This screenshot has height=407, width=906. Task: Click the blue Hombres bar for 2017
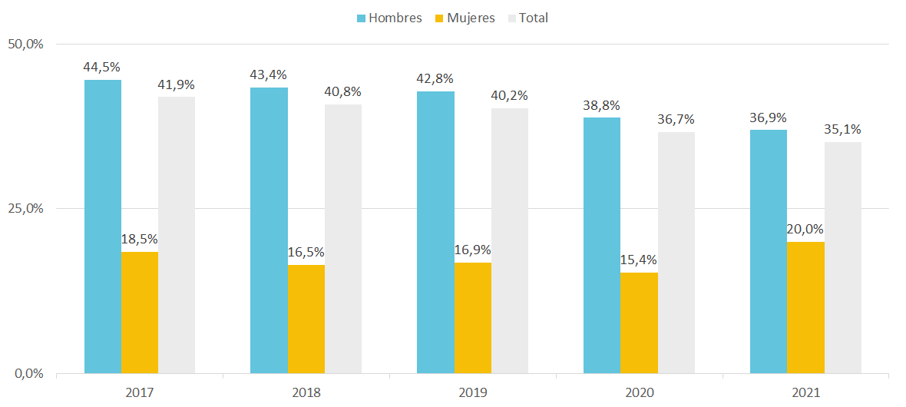tap(103, 227)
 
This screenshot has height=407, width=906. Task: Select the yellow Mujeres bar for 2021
tap(805, 308)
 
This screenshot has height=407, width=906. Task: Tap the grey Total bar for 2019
tap(510, 241)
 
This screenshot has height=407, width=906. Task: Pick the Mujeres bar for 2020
tap(639, 323)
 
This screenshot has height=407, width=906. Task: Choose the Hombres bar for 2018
tap(269, 230)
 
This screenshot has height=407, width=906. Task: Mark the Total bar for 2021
tap(843, 258)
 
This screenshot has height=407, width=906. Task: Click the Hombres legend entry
tap(389, 18)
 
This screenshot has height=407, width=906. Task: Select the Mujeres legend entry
tap(464, 18)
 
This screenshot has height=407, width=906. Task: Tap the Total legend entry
tap(527, 18)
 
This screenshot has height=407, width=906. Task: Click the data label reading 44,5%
tap(102, 68)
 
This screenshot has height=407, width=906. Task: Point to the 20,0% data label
tap(805, 230)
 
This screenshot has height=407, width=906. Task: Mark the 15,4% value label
tap(639, 260)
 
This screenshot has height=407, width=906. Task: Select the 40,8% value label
tap(343, 92)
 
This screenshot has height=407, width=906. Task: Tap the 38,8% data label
tap(601, 105)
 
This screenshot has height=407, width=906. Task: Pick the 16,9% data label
tap(473, 250)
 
